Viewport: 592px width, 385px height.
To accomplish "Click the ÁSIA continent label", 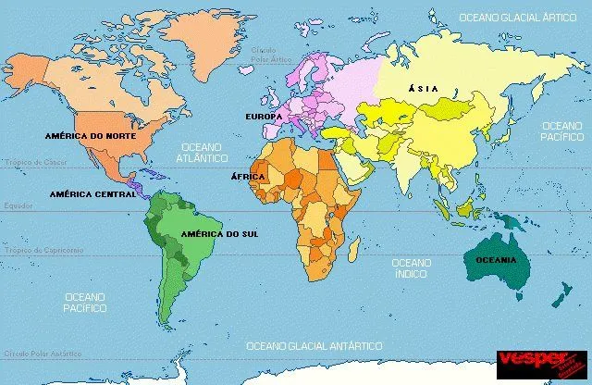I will pyautogui.click(x=424, y=88).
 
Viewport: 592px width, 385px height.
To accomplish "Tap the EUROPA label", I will pyautogui.click(x=264, y=117).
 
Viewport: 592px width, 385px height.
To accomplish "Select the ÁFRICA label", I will pyautogui.click(x=249, y=176).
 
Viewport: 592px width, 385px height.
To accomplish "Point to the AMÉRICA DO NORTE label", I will pyautogui.click(x=90, y=135).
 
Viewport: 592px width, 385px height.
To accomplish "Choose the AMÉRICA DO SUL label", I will pyautogui.click(x=219, y=233).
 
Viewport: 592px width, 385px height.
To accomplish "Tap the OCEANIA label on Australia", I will pyautogui.click(x=496, y=260).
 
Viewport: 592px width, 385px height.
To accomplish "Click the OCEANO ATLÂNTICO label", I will pyautogui.click(x=202, y=152).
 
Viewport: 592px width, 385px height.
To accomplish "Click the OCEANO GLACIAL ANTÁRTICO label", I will pyautogui.click(x=314, y=345).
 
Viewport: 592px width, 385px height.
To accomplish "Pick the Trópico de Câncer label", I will pyautogui.click(x=34, y=161).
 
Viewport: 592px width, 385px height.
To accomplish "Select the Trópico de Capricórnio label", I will pyautogui.click(x=43, y=251).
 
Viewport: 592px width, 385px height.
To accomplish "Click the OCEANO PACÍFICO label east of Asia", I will pyautogui.click(x=561, y=130).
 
